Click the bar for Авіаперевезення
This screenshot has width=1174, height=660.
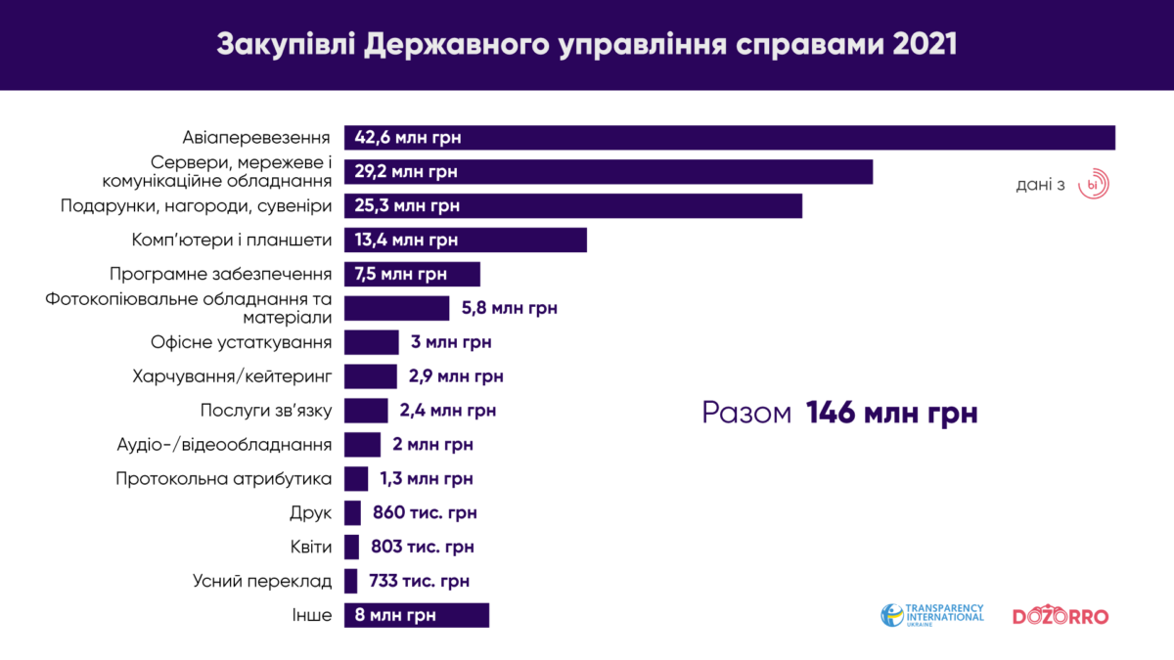(x=729, y=138)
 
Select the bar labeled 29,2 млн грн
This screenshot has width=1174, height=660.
(x=608, y=172)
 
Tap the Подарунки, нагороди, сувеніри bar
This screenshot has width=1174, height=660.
(x=572, y=206)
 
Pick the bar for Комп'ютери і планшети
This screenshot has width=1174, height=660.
(x=465, y=241)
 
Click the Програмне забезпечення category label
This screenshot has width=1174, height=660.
(x=220, y=275)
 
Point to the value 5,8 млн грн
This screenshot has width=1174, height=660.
(x=509, y=309)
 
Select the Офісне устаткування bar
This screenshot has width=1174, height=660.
(x=371, y=342)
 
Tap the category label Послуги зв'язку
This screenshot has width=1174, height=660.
(x=265, y=411)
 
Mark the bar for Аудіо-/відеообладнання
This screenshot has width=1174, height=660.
(x=362, y=445)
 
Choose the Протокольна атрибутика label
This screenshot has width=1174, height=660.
(x=223, y=479)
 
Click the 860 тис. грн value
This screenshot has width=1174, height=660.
(x=425, y=512)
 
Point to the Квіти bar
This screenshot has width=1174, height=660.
(x=351, y=547)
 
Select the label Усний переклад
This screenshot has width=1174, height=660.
(x=262, y=581)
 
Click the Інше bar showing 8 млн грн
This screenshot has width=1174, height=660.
(x=416, y=615)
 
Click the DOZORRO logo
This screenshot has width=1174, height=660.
(x=1061, y=616)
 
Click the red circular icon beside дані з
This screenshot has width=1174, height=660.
(x=1093, y=185)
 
